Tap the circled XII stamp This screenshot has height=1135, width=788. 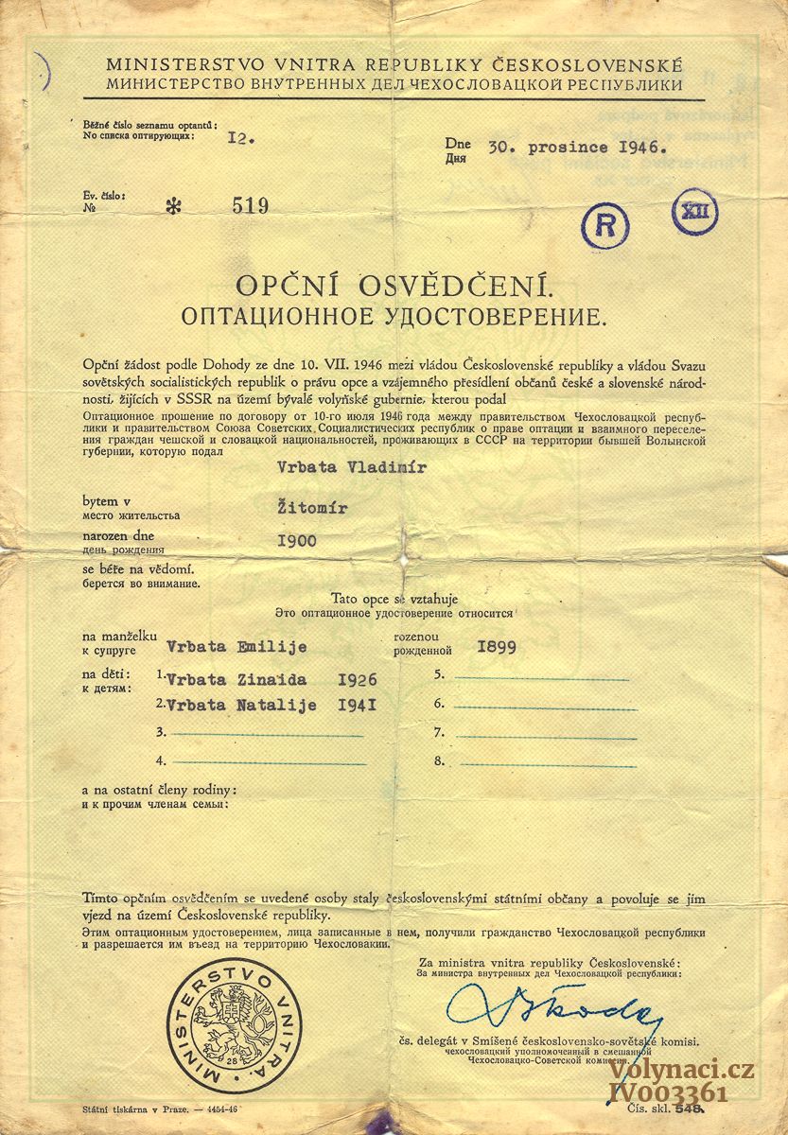(x=694, y=211)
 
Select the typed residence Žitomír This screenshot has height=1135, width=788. (x=312, y=509)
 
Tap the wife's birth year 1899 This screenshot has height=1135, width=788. (x=498, y=649)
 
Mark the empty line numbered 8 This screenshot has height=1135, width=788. (x=540, y=761)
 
